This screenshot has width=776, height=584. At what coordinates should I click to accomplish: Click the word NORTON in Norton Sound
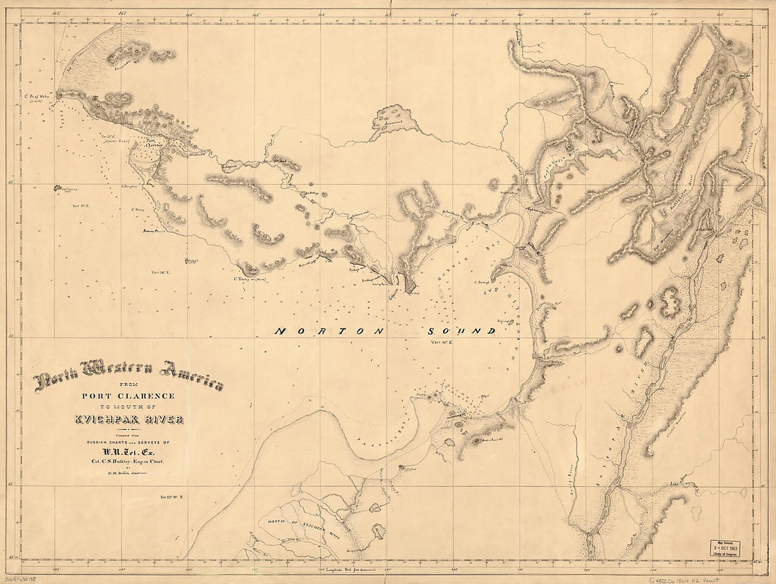(x=329, y=331)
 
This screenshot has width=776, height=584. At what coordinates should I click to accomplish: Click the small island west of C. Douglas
(x=56, y=188)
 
